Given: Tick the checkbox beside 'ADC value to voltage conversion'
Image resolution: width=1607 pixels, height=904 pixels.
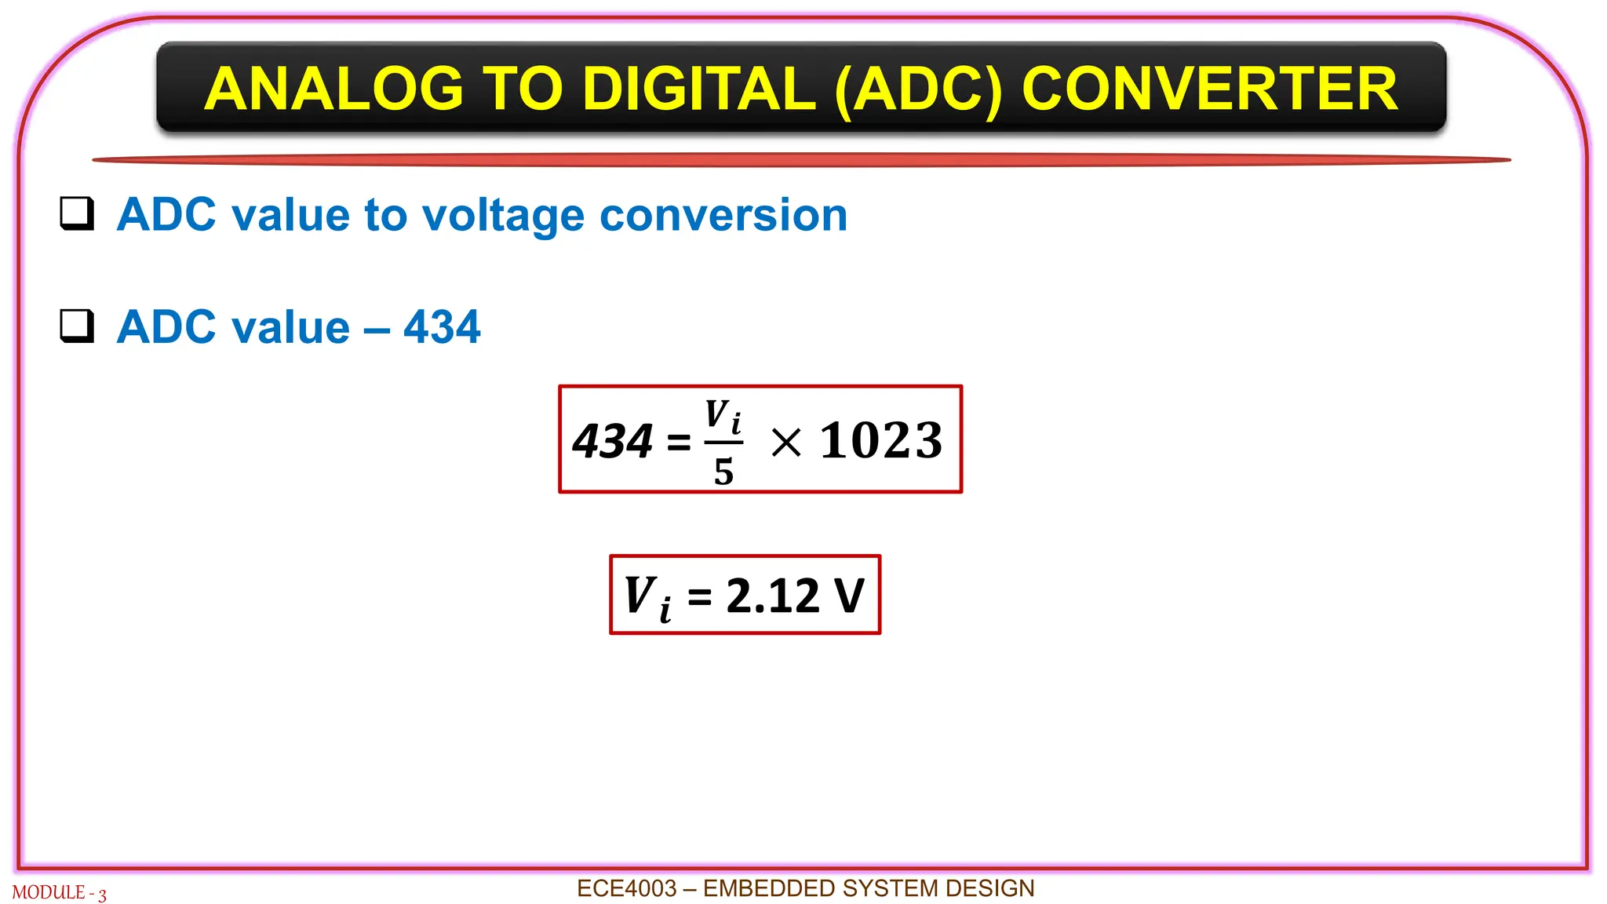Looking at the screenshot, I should coord(77,213).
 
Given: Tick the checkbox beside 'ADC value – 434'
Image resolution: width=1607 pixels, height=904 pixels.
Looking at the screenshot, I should coord(77,326).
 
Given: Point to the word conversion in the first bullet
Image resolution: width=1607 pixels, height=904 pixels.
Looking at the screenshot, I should coord(723,215).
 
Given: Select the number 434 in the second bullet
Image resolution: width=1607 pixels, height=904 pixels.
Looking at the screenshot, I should coord(442,326).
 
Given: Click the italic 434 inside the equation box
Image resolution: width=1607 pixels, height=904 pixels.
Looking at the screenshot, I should coord(612,441).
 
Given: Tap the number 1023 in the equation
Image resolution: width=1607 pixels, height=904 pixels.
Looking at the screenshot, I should coord(880,440).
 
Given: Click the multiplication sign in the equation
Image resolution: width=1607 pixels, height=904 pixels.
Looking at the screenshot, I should coord(785,442).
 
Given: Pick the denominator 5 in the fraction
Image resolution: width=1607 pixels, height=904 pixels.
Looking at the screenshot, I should coord(723,472).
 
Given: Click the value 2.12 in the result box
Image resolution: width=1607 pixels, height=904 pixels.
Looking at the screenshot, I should coord(772,596).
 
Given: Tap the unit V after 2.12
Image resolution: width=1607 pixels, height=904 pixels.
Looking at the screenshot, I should coord(849,596).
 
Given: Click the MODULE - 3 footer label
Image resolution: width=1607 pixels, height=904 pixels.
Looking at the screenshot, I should coord(59,893).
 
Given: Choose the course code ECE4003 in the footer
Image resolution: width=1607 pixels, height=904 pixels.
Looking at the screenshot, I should coord(626,888).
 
